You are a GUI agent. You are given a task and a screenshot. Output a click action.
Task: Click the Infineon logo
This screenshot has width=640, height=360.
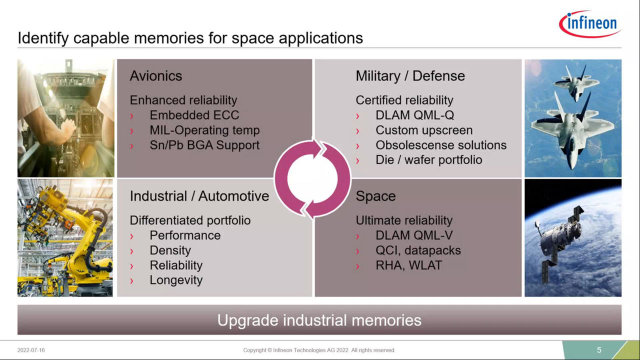pos(590,24)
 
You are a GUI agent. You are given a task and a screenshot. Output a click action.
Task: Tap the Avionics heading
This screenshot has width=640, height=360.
pos(155,76)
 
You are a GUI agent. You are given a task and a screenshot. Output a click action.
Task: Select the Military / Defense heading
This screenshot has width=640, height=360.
pos(410,76)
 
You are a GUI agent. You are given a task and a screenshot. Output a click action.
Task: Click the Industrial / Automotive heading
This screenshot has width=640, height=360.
pos(199,196)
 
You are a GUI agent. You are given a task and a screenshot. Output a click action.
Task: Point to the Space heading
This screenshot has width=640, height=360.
pos(375,196)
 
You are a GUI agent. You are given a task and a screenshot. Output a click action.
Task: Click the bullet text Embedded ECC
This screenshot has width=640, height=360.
pos(194,115)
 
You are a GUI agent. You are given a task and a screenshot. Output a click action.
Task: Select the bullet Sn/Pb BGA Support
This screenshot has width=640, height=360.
pos(204,145)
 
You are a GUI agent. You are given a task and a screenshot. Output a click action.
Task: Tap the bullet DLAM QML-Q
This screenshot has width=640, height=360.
pos(414,115)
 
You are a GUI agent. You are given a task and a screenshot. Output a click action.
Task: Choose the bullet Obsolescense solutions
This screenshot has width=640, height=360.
pos(441,145)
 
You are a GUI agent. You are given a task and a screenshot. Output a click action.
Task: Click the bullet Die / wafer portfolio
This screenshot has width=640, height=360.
pos(429,160)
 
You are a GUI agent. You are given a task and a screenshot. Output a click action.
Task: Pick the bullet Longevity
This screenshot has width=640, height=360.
pos(176,280)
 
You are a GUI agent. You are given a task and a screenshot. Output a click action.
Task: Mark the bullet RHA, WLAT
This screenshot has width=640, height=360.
pos(408,265)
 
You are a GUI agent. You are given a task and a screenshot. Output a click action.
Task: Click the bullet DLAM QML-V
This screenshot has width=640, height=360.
pos(414,235)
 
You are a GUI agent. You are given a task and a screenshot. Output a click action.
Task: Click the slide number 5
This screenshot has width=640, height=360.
pos(599,350)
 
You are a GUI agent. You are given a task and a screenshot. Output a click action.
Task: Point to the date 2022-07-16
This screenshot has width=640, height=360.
pos(31,350)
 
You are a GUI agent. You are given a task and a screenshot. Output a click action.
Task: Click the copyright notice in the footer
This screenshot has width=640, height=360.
pos(319,350)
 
